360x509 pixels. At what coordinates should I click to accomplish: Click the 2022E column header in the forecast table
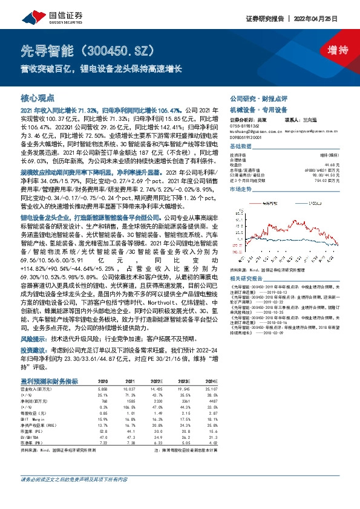(157, 381)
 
